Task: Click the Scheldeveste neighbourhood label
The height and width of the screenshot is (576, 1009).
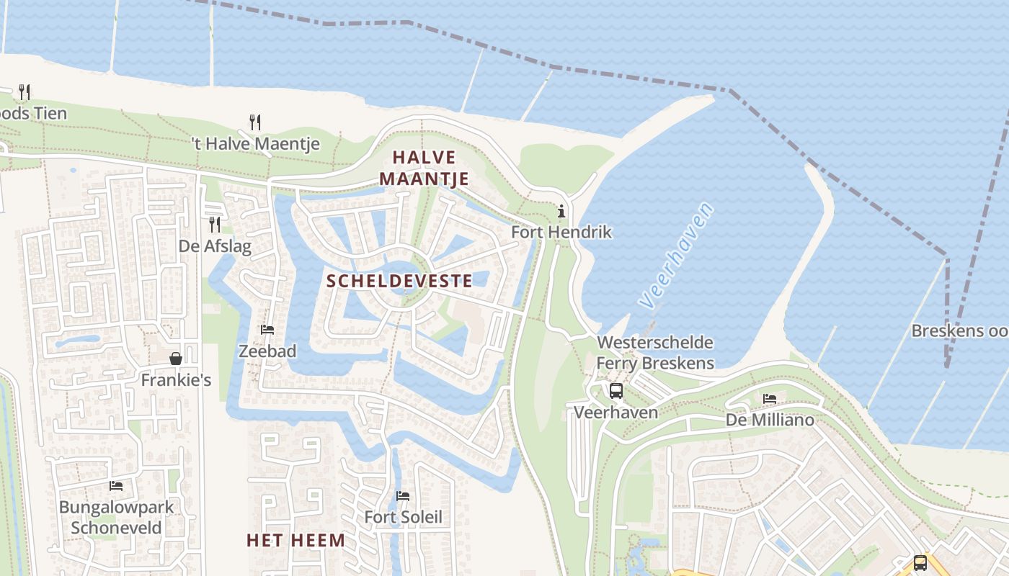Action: point(400,281)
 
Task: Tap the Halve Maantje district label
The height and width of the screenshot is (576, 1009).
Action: point(425,168)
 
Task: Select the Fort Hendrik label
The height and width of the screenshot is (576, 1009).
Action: point(561,232)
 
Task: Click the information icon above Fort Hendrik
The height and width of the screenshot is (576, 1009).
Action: point(561,212)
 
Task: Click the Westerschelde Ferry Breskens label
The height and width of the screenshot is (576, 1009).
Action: point(655,353)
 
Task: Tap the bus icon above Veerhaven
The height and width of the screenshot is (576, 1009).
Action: point(616,391)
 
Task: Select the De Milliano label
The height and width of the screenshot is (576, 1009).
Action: point(770,420)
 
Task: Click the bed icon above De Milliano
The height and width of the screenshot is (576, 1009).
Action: point(770,398)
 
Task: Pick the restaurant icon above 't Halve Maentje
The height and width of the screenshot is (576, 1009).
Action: point(254,122)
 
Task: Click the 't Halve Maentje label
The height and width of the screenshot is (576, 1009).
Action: point(255,144)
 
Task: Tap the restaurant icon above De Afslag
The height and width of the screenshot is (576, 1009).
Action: point(215,225)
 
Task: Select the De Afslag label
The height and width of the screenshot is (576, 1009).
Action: point(215,246)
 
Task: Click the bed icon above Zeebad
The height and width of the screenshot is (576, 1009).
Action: point(267,330)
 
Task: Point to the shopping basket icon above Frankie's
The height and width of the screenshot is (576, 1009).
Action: point(176,358)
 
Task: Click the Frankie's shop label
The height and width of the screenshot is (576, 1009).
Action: point(176,379)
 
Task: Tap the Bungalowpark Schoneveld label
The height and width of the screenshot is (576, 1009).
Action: point(116,517)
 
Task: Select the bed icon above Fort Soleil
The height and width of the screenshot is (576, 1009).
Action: point(403,495)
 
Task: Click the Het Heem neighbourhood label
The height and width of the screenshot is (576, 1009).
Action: point(295,540)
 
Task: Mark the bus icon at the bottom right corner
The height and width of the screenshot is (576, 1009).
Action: point(920,562)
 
